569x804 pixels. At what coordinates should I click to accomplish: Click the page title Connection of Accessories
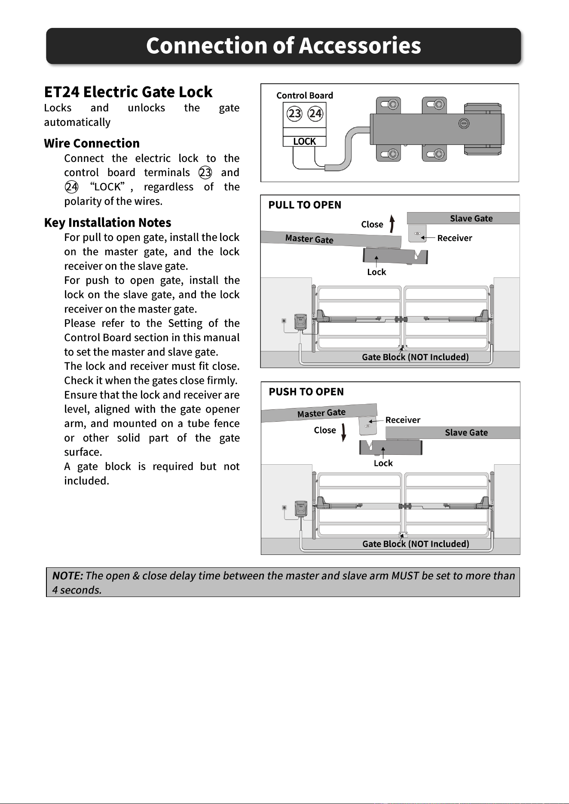pyautogui.click(x=284, y=46)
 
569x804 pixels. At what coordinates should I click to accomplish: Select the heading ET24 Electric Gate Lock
pyautogui.click(x=128, y=92)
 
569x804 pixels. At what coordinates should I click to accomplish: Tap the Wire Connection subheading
pyautogui.click(x=92, y=143)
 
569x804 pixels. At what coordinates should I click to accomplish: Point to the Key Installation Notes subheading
pyautogui.click(x=107, y=222)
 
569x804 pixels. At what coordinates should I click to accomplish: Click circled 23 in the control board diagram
pyautogui.click(x=294, y=113)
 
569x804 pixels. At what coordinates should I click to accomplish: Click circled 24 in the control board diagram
pyautogui.click(x=315, y=113)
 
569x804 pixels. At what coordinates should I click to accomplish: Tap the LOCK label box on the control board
pyautogui.click(x=304, y=141)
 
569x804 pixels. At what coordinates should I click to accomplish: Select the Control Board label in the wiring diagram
pyautogui.click(x=305, y=95)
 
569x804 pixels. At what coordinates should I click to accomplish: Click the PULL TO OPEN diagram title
pyautogui.click(x=305, y=205)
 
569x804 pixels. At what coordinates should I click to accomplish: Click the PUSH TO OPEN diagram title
pyautogui.click(x=306, y=392)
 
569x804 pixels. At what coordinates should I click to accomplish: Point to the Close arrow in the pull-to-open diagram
pyautogui.click(x=392, y=223)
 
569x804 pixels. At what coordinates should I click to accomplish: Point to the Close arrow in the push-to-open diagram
pyautogui.click(x=343, y=432)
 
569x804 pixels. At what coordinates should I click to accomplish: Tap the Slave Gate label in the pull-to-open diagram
pyautogui.click(x=471, y=218)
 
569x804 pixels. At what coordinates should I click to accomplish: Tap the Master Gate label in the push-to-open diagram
pyautogui.click(x=321, y=413)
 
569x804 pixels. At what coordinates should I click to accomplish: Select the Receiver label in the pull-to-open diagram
pyautogui.click(x=455, y=238)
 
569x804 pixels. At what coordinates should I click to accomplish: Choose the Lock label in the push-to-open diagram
pyautogui.click(x=383, y=463)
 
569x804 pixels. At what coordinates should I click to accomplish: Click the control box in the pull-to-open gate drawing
pyautogui.click(x=301, y=321)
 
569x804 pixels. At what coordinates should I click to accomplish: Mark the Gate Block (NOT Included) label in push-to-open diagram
pyautogui.click(x=416, y=544)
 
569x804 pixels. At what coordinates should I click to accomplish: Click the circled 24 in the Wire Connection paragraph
pyautogui.click(x=71, y=187)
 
